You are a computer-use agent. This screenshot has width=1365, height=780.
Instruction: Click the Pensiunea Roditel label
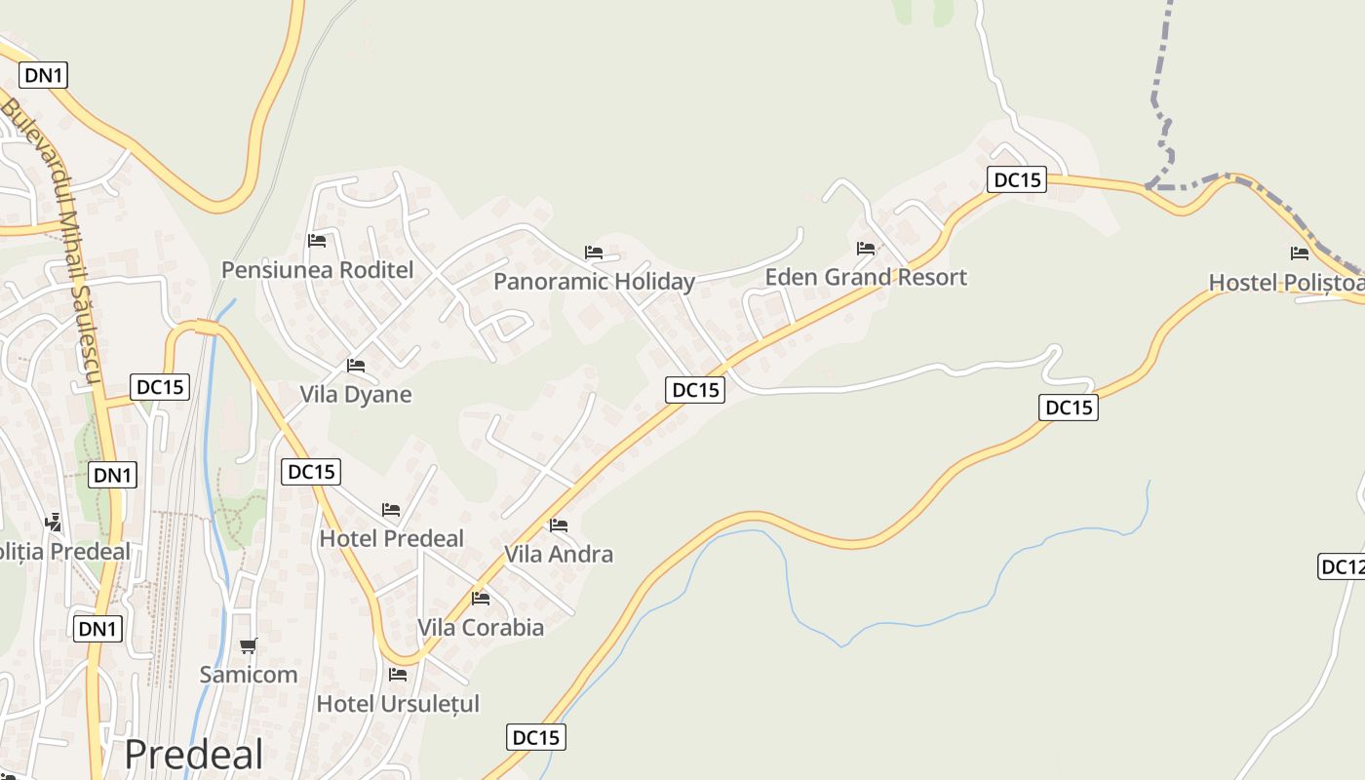[317, 270]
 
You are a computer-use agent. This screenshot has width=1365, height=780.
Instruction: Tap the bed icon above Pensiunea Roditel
[317, 241]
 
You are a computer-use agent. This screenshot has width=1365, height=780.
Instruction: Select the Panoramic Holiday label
[594, 282]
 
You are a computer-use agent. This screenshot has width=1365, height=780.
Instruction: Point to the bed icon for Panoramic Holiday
[594, 253]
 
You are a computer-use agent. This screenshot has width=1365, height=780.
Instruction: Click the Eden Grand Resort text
[866, 277]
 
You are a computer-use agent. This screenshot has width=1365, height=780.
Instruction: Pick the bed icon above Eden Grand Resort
[866, 249]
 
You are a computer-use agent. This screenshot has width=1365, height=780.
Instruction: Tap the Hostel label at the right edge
[1285, 283]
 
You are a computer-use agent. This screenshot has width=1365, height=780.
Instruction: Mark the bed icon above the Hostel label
[1300, 253]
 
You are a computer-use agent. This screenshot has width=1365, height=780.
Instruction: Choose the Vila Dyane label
[355, 395]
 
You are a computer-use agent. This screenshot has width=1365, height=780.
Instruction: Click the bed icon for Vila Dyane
[356, 366]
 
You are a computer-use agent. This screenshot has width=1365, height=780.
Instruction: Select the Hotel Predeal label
[391, 538]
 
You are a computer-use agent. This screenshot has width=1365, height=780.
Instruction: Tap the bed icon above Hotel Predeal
[391, 510]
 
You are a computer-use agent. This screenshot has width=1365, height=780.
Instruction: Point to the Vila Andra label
[559, 554]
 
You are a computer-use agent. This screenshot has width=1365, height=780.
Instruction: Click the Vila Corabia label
[481, 627]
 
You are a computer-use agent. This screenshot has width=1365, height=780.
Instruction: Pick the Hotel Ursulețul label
[398, 703]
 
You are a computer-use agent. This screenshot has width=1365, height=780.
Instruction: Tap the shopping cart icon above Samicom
[249, 645]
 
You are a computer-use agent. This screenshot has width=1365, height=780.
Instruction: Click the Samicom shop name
[249, 674]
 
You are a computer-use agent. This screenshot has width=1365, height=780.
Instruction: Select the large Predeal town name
[194, 754]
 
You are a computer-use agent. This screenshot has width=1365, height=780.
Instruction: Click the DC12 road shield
[1342, 566]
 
